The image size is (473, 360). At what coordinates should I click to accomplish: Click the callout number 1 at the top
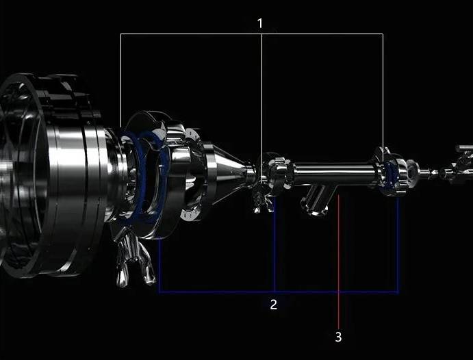pos(260,23)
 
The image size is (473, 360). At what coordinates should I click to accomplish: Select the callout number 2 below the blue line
pos(274,305)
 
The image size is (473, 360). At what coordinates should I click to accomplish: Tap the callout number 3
pos(338,337)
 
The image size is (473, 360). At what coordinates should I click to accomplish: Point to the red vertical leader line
pos(339,260)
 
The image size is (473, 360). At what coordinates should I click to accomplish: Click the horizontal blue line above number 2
pos(219,292)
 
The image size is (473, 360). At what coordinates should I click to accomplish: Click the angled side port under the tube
pos(316,201)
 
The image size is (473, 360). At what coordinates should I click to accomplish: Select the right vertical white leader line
pos(383,89)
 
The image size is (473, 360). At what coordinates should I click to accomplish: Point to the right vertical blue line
pos(398,246)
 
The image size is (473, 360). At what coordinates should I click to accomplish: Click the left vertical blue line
pos(159,267)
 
